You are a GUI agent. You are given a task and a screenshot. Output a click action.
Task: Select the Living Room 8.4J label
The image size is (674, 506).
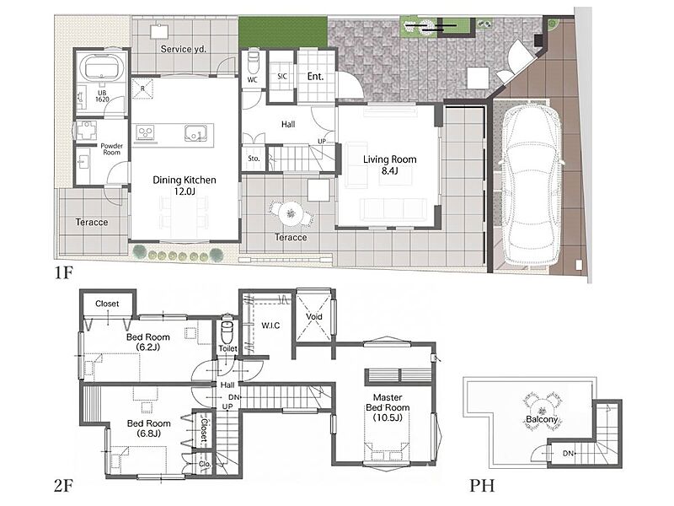pos(389,164)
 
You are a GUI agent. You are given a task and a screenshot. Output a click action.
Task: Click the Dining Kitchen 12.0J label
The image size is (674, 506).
pos(185,186)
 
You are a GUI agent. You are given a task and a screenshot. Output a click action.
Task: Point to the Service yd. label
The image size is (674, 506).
pos(184,49)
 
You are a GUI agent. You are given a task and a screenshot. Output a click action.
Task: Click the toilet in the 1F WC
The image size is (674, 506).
pos(252,62)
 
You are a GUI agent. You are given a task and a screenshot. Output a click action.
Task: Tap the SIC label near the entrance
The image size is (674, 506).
pos(282,76)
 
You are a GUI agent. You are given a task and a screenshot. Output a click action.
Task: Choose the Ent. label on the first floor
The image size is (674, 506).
pos(315,77)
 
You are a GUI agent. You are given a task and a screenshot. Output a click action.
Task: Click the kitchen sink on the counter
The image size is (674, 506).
pos(197,133)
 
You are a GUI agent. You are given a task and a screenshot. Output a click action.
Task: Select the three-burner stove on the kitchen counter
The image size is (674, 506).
pos(147,132)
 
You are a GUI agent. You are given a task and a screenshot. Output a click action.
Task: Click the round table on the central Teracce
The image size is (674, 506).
pos(290,213)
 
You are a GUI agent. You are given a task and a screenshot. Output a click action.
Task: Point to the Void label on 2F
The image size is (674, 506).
pos(313,317)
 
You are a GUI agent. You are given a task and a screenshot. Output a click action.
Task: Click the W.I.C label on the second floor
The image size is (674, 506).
pos(270,326)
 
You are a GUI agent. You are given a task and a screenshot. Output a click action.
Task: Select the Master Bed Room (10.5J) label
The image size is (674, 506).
pos(388,407)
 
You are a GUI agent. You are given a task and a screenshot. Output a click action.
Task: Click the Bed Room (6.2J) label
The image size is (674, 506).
pos(148,342)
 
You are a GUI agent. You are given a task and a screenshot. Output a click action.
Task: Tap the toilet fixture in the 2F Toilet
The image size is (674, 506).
pos(227,331)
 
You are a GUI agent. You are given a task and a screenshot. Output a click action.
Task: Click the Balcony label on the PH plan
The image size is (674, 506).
pos(542,419)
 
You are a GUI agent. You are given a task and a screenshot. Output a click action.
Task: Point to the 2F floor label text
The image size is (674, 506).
pos(64,486)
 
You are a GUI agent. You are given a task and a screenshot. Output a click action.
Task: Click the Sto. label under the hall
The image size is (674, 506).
pos(254,159)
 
